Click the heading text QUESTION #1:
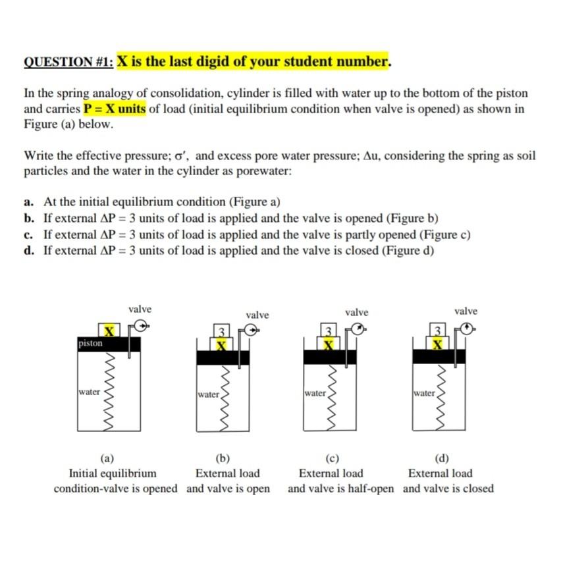point(68,62)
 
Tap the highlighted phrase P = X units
point(114,109)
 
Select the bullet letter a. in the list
point(30,202)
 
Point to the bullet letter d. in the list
point(30,250)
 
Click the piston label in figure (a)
point(90,343)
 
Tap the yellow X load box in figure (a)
point(109,329)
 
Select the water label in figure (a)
point(88,391)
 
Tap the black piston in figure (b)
point(223,358)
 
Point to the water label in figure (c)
point(315,393)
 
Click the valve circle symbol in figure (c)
point(358,329)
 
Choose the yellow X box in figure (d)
point(437,344)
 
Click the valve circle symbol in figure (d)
point(467,328)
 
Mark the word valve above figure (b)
point(257,315)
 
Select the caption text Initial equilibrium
point(113,473)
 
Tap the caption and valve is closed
point(448,489)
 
